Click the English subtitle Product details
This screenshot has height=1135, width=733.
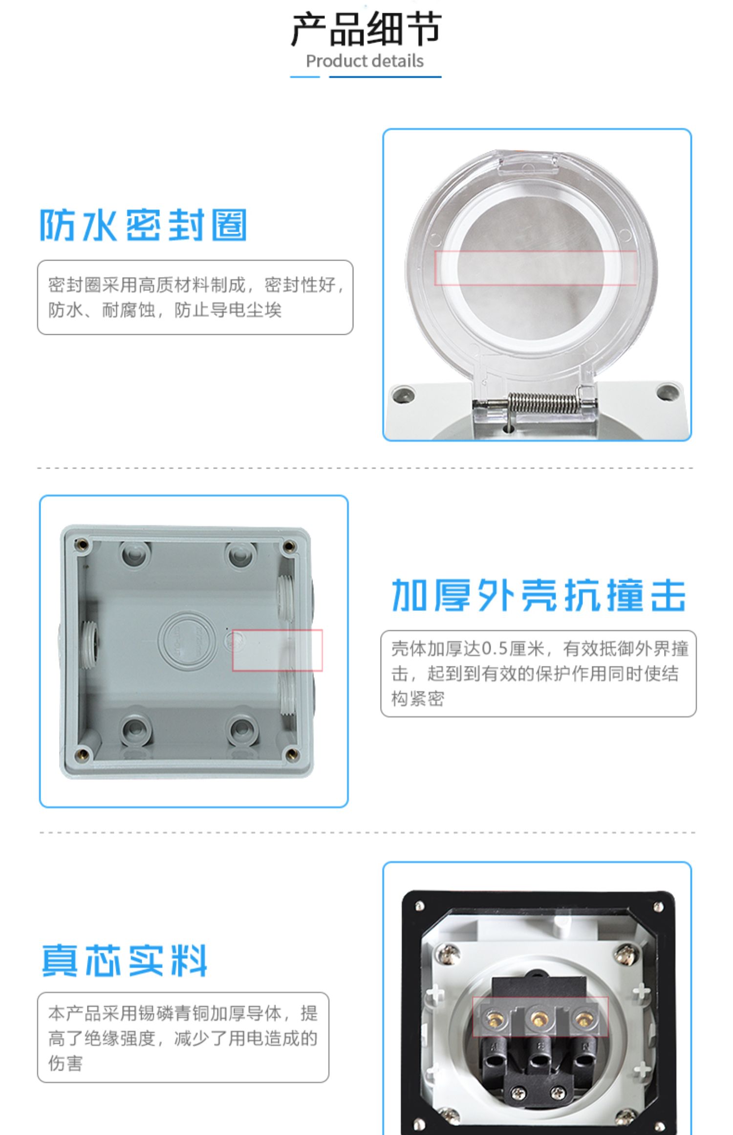click(x=365, y=61)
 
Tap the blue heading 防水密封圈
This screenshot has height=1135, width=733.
click(x=143, y=225)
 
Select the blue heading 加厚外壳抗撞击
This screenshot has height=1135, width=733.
click(x=539, y=596)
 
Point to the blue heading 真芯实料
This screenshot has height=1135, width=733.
click(x=125, y=960)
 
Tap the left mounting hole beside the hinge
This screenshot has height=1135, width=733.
click(x=404, y=394)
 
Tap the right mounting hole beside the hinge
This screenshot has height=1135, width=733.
click(x=668, y=391)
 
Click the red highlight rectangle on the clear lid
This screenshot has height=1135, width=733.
click(x=535, y=268)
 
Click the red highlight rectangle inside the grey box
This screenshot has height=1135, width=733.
click(x=277, y=650)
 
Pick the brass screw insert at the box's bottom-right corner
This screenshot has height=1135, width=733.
click(x=292, y=753)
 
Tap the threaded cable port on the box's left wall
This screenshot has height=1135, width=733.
click(x=89, y=639)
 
